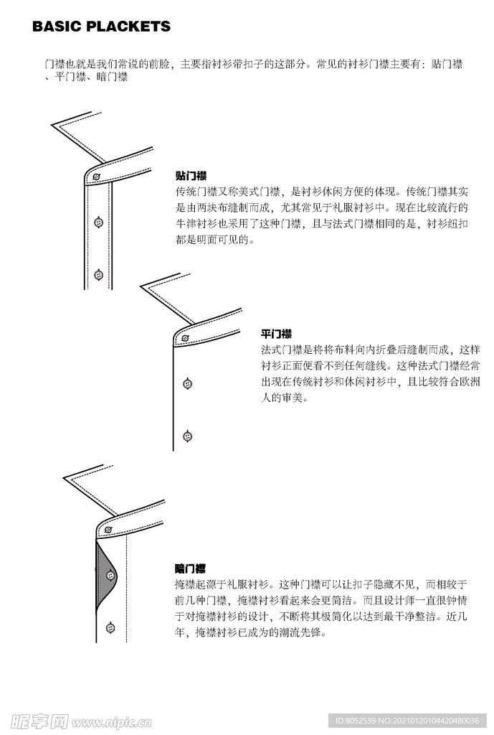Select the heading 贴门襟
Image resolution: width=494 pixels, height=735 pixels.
pyautogui.click(x=191, y=176)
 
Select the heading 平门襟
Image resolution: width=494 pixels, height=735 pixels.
pyautogui.click(x=276, y=334)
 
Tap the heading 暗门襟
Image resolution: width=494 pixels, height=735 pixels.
pyautogui.click(x=190, y=568)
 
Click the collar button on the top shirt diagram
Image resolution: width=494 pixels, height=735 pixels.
pyautogui.click(x=97, y=177)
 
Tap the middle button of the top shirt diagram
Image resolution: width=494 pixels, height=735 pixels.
pyautogui.click(x=98, y=223)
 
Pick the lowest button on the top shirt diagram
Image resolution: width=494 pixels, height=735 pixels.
pyautogui.click(x=98, y=275)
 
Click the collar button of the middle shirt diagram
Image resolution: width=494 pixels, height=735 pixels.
pyautogui.click(x=185, y=338)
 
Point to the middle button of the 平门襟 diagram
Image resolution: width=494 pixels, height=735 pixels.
pyautogui.click(x=187, y=384)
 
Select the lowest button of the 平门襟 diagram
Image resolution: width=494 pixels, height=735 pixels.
pyautogui.click(x=187, y=436)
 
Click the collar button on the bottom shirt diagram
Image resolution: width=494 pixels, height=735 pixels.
pyautogui.click(x=108, y=530)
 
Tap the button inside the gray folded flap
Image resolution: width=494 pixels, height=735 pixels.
pyautogui.click(x=110, y=575)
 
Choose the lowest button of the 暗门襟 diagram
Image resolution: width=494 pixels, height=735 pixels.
pyautogui.click(x=110, y=627)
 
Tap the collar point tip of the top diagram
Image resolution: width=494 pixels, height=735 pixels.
pyautogui.click(x=52, y=125)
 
